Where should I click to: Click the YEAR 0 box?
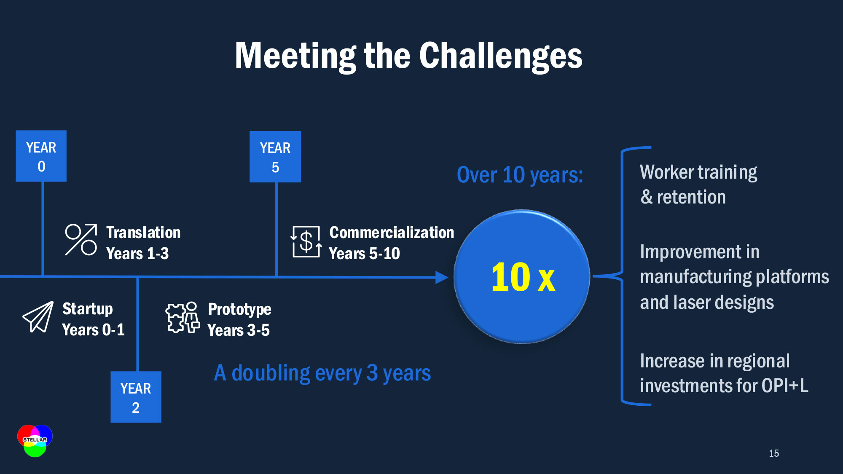click(x=41, y=156)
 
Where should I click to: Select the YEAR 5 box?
click(x=275, y=157)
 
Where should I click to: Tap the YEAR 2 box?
click(x=136, y=397)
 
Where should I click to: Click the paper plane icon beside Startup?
click(x=38, y=317)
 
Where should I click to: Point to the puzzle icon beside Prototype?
click(x=183, y=318)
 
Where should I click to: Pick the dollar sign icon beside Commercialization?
click(x=306, y=241)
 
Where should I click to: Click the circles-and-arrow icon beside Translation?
click(x=81, y=239)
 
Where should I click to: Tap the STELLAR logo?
click(x=35, y=441)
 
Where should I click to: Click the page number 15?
click(x=774, y=453)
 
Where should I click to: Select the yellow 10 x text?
click(x=523, y=277)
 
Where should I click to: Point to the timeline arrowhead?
click(x=442, y=277)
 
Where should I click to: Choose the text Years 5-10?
click(x=364, y=254)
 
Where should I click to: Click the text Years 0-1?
click(x=93, y=330)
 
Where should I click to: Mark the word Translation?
click(x=143, y=233)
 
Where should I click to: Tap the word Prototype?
click(x=239, y=310)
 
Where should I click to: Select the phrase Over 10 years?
click(x=520, y=175)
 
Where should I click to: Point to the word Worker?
click(x=667, y=172)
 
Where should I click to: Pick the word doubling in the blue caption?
click(x=271, y=373)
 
